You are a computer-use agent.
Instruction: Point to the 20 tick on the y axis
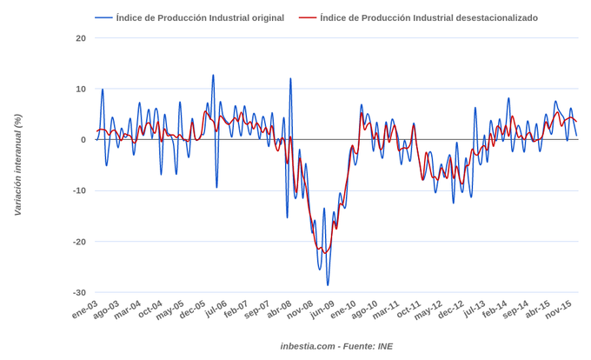pos(81,38)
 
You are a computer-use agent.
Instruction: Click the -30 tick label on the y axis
pos(79,293)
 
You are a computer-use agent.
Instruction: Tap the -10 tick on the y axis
pos(79,191)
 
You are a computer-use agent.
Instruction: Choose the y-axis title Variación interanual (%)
pos(17,165)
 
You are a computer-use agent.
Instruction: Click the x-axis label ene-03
pos(85,310)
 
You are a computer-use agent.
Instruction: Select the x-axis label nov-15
pos(558,310)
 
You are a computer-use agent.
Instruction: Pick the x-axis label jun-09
pos(322,310)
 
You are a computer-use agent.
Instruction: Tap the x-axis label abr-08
pos(279,310)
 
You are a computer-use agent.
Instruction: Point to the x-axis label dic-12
pos(451,310)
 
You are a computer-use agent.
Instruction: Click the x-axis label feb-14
pos(495,310)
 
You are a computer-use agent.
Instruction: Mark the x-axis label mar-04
pos(128,310)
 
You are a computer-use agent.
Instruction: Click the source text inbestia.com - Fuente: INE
pos(336,346)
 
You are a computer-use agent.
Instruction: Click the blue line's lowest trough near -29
pos(328,285)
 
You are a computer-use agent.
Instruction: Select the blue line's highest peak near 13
pos(213,75)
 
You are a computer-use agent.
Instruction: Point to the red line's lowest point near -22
pos(325,252)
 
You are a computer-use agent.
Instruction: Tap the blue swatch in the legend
pos(103,18)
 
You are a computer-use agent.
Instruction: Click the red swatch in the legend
pos(307,18)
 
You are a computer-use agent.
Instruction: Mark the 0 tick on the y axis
pos(83,140)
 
